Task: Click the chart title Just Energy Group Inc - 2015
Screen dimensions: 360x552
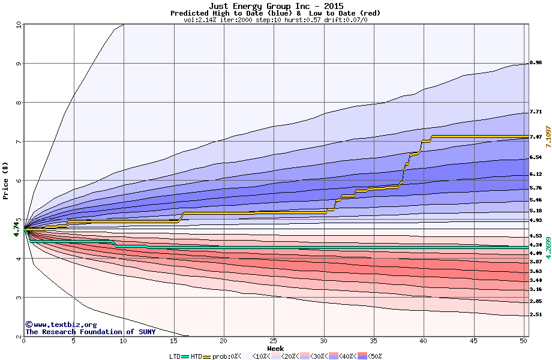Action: (275, 6)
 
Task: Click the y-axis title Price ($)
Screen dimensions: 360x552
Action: (6, 181)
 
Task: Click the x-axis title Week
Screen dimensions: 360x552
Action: (275, 348)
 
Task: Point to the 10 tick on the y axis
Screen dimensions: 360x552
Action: (18, 25)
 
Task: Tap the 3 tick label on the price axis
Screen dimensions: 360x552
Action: (18, 298)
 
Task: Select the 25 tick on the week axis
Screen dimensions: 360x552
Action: (274, 341)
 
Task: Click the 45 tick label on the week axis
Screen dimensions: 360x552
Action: (473, 341)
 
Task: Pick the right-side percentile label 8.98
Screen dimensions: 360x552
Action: (536, 62)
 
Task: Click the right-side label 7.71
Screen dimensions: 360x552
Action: (536, 112)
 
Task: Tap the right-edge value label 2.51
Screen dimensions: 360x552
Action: (536, 314)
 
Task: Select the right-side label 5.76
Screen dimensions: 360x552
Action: (536, 188)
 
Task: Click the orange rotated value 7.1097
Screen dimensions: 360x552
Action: (547, 137)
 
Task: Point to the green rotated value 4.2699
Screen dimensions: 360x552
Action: (547, 247)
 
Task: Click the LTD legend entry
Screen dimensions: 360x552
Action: (175, 356)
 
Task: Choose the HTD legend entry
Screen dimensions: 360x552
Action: (196, 356)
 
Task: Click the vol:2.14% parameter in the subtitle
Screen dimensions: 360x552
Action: (199, 20)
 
